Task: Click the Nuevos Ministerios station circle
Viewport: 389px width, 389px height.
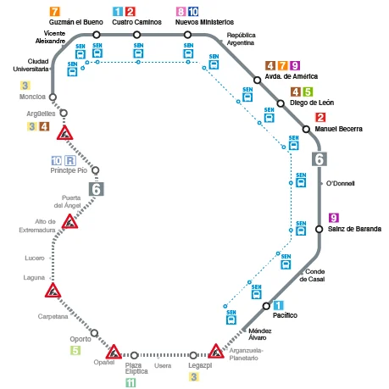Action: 187,35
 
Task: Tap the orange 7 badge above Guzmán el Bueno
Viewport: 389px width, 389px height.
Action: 54,12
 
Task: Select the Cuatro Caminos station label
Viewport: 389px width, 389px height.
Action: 136,22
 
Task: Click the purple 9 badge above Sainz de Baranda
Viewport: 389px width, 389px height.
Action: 334,218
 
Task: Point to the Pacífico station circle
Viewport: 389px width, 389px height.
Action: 266,306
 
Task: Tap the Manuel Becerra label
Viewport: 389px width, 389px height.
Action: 338,129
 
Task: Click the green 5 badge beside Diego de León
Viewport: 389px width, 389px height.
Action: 308,92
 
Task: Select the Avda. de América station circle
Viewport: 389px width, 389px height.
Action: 257,81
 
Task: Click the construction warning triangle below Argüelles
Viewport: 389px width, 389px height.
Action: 64,133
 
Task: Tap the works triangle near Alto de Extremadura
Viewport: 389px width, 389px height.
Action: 69,221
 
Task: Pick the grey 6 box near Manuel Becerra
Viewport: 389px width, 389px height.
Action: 320,159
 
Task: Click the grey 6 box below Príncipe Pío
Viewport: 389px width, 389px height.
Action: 97,189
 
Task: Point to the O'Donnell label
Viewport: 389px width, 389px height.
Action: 341,183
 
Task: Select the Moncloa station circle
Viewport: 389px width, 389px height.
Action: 53,97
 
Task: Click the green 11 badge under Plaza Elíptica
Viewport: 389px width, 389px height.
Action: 131,383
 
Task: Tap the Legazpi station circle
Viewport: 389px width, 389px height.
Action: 193,355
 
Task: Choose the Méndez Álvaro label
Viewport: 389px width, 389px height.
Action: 259,334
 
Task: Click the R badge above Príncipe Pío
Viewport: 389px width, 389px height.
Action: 70,160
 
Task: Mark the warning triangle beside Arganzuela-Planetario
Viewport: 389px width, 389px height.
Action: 216,351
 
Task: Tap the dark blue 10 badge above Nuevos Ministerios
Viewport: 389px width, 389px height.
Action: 193,12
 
